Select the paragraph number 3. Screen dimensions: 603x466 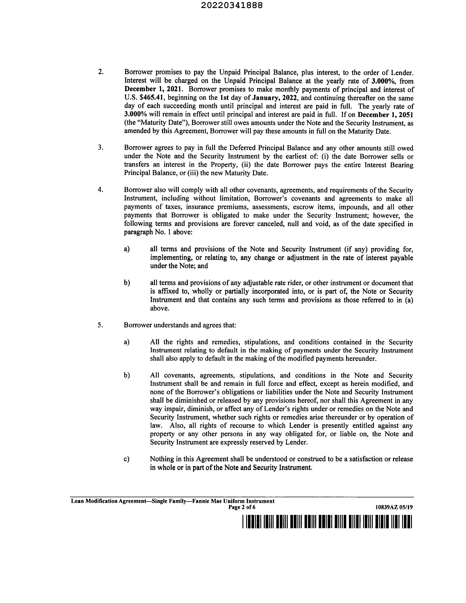tap(100, 147)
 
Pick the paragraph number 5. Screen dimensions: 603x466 tap(100, 325)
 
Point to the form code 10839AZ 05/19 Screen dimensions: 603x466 tap(394, 507)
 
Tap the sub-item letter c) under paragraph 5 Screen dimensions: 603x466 tap(127, 459)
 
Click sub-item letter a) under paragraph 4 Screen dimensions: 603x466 tap(127, 249)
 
